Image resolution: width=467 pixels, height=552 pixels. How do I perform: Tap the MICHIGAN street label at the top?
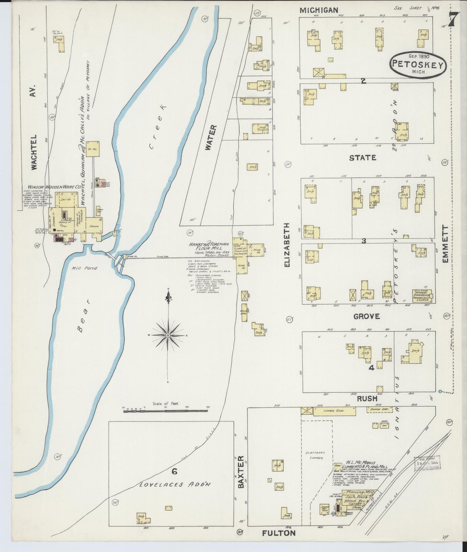coord(319,10)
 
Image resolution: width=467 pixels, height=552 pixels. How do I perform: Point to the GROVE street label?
coord(366,316)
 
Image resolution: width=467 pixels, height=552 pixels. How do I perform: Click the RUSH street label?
coord(367,399)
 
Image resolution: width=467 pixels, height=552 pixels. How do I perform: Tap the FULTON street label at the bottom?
coord(279,533)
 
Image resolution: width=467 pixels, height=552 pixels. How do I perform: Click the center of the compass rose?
coord(168,336)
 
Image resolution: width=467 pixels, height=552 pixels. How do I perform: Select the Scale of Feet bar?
coord(165,411)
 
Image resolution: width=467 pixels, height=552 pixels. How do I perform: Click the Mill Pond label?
coord(80,268)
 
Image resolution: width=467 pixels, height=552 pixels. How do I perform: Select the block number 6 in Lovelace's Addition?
coord(174,472)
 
